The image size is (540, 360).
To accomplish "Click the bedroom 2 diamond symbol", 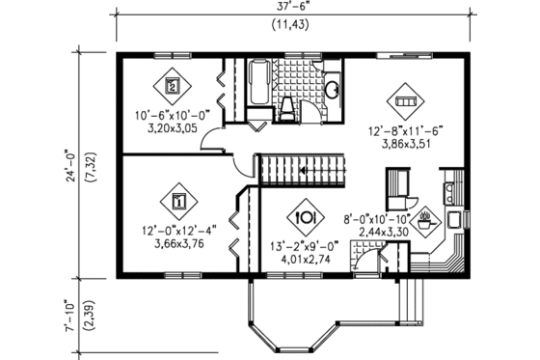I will pos(173,86).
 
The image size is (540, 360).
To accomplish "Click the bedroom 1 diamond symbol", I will pos(178,201).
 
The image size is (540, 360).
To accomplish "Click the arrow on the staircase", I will pos(306,171).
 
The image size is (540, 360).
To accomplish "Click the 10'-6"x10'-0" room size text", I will pos(171,117).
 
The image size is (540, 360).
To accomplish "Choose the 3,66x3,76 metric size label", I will pos(177,243).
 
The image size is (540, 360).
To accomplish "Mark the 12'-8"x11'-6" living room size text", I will pos(402,133).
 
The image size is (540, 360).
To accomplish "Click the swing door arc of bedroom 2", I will pos(210,144).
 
